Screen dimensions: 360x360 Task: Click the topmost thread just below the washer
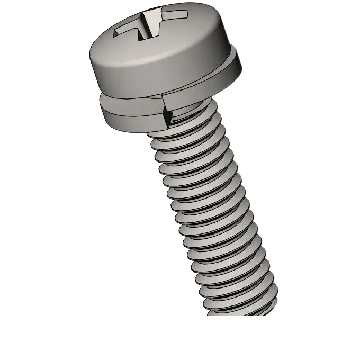[x=183, y=127]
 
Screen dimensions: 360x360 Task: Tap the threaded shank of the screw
[x=212, y=212]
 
